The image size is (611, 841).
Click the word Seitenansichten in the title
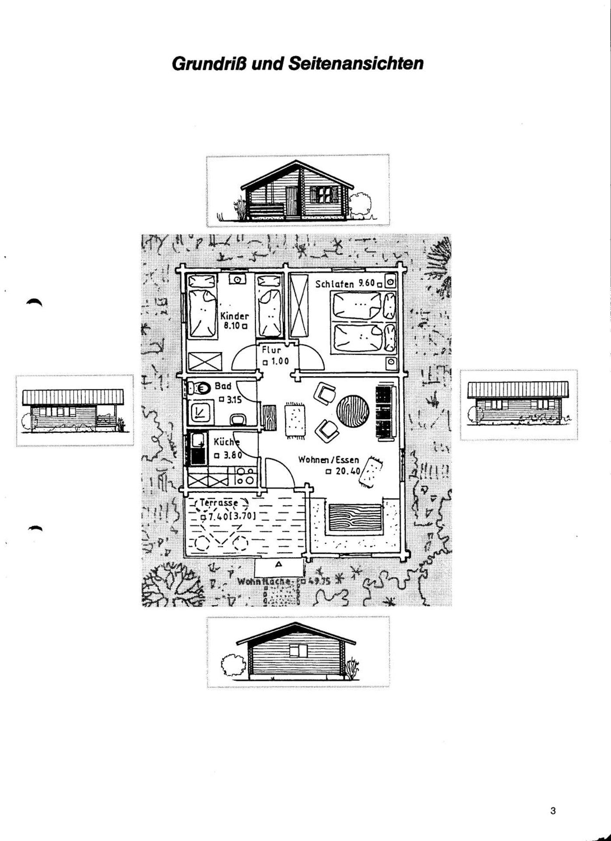356,64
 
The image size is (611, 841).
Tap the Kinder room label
235,316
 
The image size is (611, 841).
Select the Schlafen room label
335,284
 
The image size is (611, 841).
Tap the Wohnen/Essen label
328,460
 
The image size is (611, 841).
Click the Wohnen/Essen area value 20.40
348,472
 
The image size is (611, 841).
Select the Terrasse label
219,503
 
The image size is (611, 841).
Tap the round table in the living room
353,410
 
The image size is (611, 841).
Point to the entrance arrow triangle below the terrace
278,565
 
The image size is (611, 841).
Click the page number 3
553,811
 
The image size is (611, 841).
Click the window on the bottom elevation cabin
299,650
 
